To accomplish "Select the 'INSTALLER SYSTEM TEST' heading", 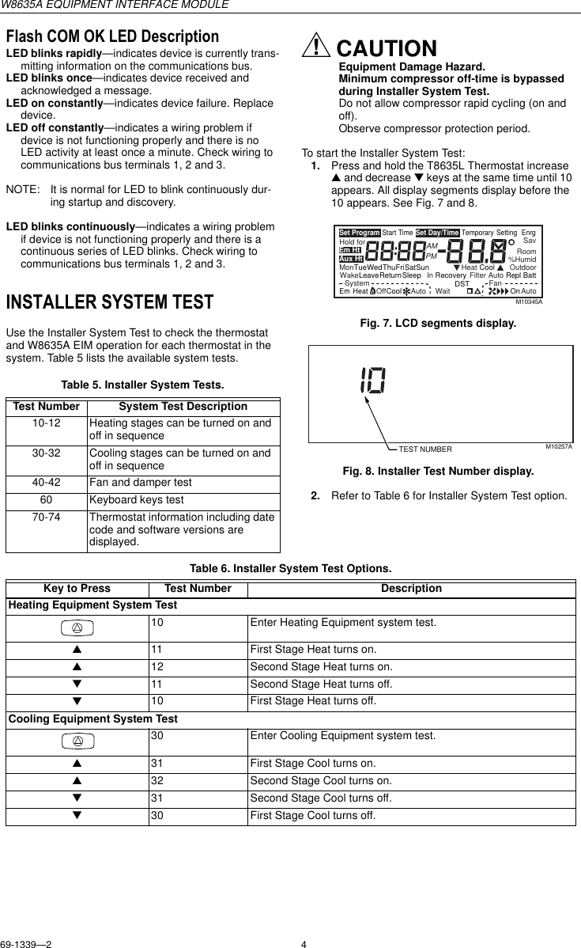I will pyautogui.click(x=110, y=302).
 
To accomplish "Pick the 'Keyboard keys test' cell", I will pyautogui.click(x=137, y=500).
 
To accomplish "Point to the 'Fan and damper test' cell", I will pyautogui.click(x=141, y=481).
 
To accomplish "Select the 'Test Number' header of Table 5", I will pyautogui.click(x=47, y=407).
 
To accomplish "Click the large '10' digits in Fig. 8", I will pyautogui.click(x=372, y=381).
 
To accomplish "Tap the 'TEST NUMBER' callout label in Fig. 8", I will pyautogui.click(x=425, y=449).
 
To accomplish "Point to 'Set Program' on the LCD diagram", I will pyautogui.click(x=360, y=233).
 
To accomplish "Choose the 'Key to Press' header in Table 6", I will pyautogui.click(x=77, y=589).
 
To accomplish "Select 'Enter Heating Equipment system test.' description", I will pyautogui.click(x=342, y=623).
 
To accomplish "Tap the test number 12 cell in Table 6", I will pyautogui.click(x=158, y=666).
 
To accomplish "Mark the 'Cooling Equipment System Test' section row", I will pyautogui.click(x=92, y=719).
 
